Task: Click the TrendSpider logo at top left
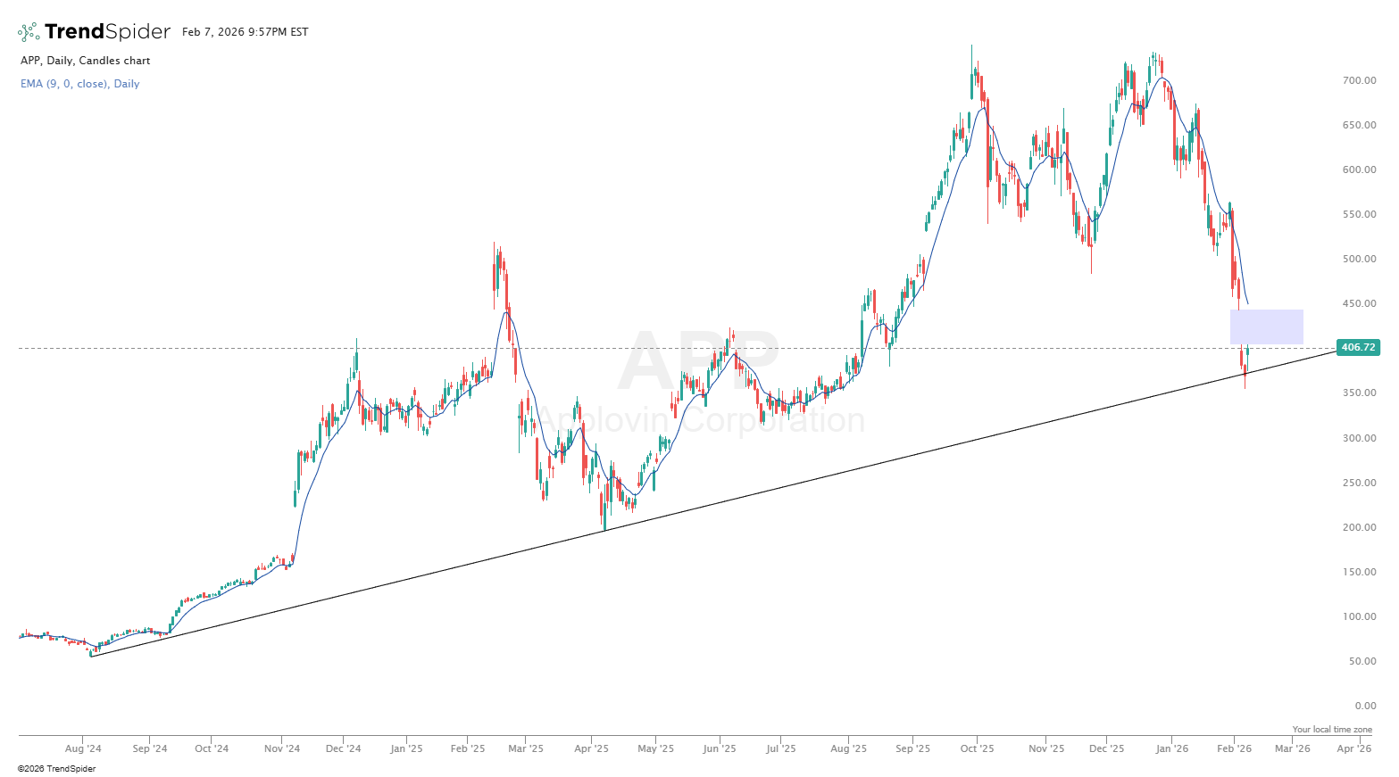tap(94, 32)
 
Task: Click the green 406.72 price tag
tap(1358, 347)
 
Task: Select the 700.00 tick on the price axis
tap(1359, 80)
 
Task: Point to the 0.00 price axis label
tap(1364, 706)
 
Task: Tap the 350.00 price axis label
tap(1359, 393)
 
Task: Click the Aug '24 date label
tap(83, 748)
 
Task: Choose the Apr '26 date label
tap(1353, 748)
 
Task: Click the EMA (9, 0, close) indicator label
tap(79, 84)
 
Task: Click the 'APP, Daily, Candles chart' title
tap(85, 61)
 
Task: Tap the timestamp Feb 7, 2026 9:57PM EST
tap(245, 32)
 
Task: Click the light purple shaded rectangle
tap(1266, 327)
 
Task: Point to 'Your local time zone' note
tap(1332, 730)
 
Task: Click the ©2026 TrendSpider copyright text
tap(56, 768)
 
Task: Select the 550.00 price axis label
tap(1359, 214)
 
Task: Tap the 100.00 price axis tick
tap(1359, 616)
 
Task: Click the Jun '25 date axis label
tap(719, 748)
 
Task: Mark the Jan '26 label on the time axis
tap(1172, 748)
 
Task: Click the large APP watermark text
tap(699, 360)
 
